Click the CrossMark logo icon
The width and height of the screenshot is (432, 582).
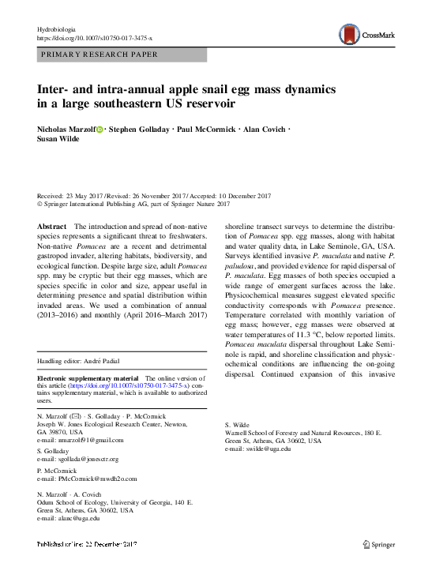pos(349,33)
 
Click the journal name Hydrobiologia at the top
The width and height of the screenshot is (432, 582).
pos(59,28)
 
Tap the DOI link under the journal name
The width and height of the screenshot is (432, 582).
pos(95,38)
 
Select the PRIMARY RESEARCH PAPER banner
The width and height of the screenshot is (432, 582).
pos(98,54)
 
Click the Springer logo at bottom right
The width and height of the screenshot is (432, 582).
pos(380,545)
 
